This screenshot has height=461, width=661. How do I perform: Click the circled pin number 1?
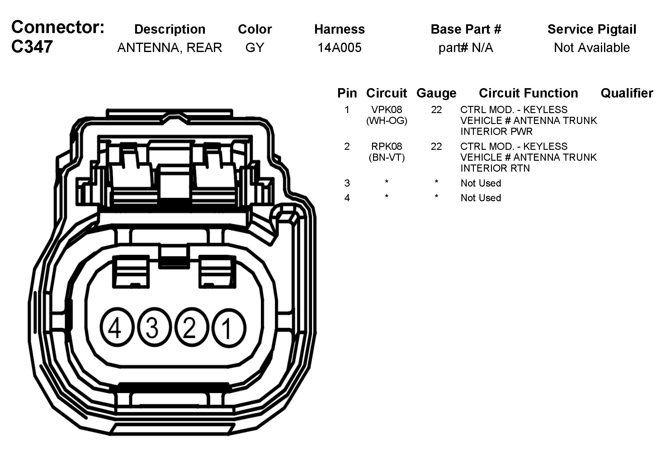tap(229, 328)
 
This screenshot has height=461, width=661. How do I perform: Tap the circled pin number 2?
tap(189, 328)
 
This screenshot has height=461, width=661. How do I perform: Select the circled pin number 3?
tap(152, 328)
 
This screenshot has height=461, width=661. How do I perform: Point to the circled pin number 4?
tap(115, 328)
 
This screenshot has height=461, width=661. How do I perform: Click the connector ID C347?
tap(32, 47)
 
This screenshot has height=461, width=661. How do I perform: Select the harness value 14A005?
tap(339, 48)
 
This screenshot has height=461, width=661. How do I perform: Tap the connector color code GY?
tap(255, 48)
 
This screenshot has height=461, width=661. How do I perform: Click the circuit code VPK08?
tap(387, 110)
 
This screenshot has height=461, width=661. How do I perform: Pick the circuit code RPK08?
tap(387, 146)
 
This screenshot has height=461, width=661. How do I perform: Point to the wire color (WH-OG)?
tap(387, 121)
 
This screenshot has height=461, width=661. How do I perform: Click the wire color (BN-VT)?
tap(387, 157)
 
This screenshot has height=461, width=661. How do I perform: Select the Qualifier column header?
tap(627, 93)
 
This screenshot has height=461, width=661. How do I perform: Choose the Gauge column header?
tap(436, 93)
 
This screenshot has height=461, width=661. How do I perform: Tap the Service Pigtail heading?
tap(592, 29)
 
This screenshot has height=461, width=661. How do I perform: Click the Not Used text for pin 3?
tap(481, 183)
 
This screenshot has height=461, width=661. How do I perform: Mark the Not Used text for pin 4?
tap(481, 198)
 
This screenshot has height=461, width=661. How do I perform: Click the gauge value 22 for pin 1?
tap(436, 110)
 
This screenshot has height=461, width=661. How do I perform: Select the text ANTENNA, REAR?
tap(170, 48)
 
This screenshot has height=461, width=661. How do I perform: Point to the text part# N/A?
tap(466, 48)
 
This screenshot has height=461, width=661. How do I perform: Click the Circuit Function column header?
tap(528, 93)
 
